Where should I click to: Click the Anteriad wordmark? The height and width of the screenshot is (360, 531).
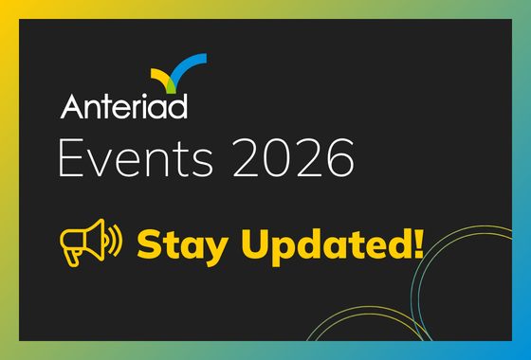[124, 105]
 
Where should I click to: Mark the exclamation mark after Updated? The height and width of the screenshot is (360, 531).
[416, 243]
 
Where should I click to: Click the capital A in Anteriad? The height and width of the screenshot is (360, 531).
[72, 105]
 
